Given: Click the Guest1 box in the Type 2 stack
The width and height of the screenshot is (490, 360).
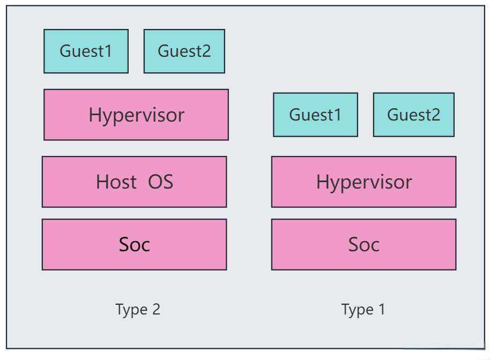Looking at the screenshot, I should tap(86, 51).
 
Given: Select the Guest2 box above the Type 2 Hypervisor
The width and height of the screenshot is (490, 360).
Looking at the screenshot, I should tap(184, 51).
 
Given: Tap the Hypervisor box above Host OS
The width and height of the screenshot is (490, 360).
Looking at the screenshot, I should tap(136, 115).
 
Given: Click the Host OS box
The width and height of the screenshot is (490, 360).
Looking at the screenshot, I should tap(134, 182).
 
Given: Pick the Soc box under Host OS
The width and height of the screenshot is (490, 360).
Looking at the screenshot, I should tap(134, 244).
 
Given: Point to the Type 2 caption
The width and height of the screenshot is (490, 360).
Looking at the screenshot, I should tap(138, 309).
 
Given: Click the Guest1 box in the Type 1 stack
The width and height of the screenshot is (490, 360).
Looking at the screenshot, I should tap(315, 115).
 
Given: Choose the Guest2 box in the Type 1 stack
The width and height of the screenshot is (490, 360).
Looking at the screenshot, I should tap(413, 115).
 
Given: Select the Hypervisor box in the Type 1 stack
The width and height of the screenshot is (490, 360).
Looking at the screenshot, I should tap(363, 182).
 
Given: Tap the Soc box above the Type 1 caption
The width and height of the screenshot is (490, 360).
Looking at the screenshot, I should tap(363, 244).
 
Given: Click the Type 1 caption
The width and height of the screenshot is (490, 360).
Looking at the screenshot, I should tap(363, 309).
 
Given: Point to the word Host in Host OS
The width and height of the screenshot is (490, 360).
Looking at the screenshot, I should tap(116, 182).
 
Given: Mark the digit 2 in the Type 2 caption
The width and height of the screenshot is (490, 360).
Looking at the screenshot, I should tap(156, 309).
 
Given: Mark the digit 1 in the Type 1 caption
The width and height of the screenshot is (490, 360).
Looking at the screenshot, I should tap(381, 309).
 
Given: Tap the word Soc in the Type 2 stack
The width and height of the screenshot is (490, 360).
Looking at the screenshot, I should tap(134, 244).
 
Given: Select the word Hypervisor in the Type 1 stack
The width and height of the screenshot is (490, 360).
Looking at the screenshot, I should tap(363, 182).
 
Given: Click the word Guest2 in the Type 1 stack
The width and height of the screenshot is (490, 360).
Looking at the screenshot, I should tap(413, 115).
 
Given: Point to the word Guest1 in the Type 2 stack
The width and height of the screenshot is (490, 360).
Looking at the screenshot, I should tap(86, 51).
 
